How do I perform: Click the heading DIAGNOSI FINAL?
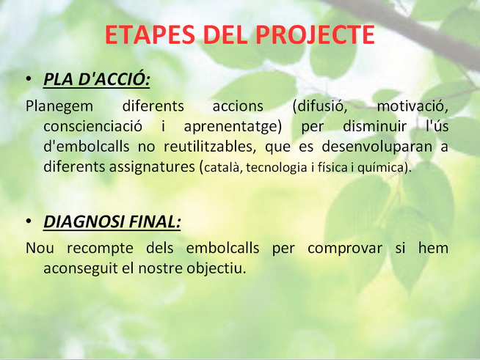112,221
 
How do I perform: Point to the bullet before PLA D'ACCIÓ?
29,79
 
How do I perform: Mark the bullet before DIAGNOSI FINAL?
29,221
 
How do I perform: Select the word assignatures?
155,167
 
